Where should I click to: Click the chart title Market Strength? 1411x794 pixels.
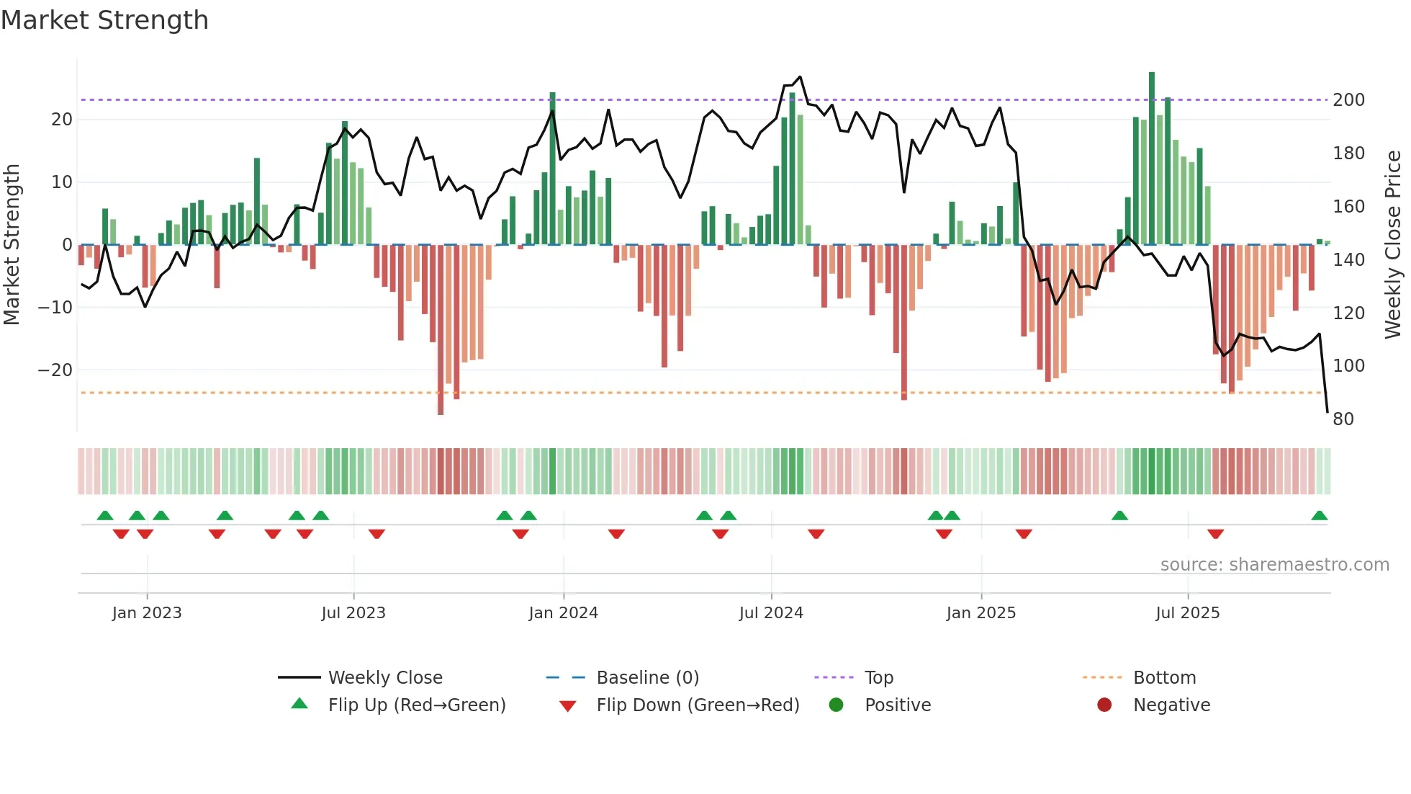(x=104, y=20)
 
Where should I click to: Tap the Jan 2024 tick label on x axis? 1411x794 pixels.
(x=563, y=613)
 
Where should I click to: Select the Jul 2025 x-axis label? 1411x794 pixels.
(x=1187, y=613)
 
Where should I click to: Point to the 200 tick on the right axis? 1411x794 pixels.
(x=1348, y=100)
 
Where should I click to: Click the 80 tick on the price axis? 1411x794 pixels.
(x=1343, y=419)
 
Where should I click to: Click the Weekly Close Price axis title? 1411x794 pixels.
(x=1393, y=245)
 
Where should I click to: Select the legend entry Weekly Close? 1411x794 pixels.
(x=384, y=678)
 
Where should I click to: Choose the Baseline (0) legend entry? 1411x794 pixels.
(x=647, y=678)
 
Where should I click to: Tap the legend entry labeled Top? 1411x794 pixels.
(x=878, y=678)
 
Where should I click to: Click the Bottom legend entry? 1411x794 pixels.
(x=1164, y=678)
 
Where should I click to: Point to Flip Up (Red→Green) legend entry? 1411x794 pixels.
(x=416, y=705)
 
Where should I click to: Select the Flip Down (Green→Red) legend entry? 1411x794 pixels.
(x=697, y=705)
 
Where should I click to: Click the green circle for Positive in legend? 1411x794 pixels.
(x=836, y=705)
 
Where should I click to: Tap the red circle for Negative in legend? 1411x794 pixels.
(x=1104, y=705)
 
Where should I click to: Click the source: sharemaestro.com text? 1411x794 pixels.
(x=1274, y=565)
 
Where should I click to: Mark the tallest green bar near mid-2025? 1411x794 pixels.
(x=1152, y=159)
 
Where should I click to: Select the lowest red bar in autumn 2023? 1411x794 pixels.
(x=441, y=331)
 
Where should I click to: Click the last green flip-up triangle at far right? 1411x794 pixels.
(x=1319, y=516)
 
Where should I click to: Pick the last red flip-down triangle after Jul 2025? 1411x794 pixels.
(x=1215, y=534)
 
